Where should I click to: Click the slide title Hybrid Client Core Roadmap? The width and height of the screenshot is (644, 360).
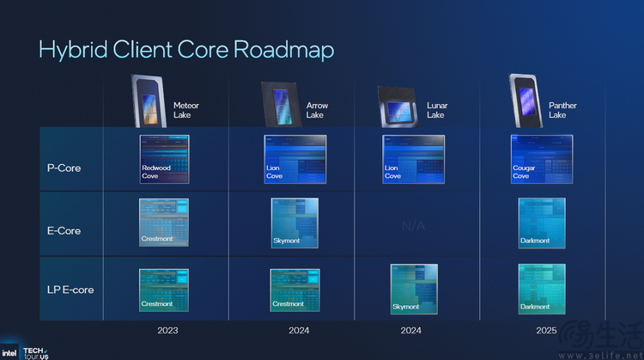click(x=185, y=49)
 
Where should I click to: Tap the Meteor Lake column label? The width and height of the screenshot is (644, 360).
click(x=185, y=110)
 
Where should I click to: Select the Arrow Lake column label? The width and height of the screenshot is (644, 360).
click(x=317, y=110)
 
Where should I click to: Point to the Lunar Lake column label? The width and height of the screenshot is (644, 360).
click(x=436, y=110)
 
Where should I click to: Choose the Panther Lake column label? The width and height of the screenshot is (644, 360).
click(x=562, y=110)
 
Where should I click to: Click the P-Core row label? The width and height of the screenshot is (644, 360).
click(x=64, y=168)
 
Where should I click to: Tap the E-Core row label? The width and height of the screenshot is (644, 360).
click(x=64, y=230)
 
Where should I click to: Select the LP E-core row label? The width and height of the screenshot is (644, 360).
click(x=70, y=290)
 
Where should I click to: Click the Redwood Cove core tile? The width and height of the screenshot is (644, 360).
click(x=164, y=159)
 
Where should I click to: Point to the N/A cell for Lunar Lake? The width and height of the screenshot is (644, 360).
click(x=413, y=225)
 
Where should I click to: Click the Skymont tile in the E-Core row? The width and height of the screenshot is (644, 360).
click(x=295, y=223)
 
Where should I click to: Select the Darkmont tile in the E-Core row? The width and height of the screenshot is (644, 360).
click(x=541, y=223)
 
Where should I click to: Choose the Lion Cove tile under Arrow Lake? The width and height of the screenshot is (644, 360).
click(x=295, y=159)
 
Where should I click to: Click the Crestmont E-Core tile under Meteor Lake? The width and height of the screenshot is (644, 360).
click(x=164, y=223)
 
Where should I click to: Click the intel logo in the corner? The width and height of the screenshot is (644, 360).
click(x=9, y=352)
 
